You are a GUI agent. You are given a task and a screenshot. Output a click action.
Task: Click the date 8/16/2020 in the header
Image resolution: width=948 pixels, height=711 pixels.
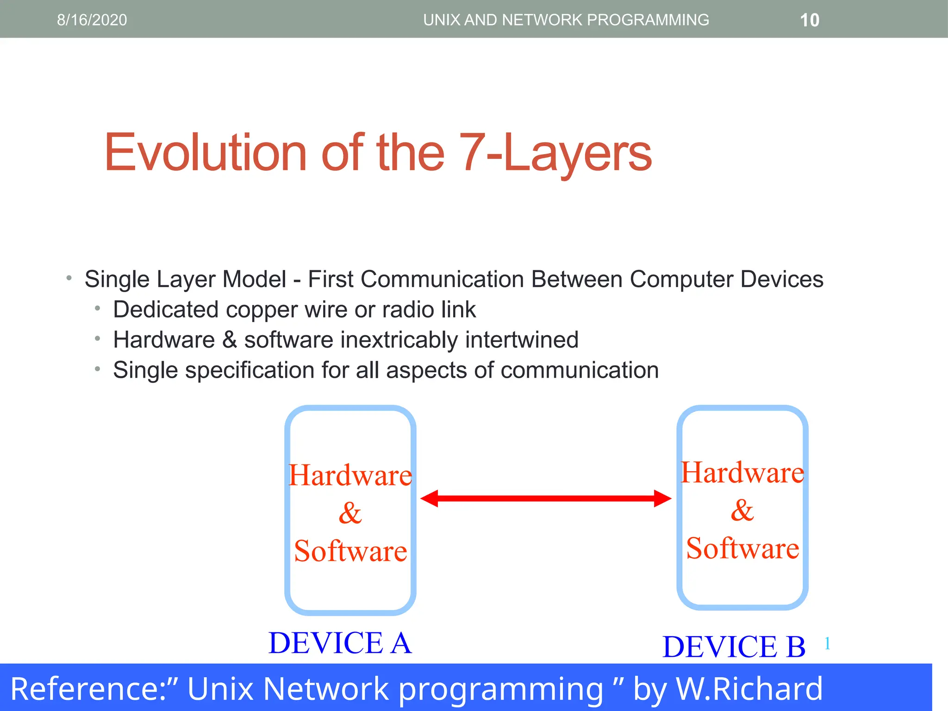92,20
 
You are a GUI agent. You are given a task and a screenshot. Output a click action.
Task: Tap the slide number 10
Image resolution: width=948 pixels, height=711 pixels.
810,20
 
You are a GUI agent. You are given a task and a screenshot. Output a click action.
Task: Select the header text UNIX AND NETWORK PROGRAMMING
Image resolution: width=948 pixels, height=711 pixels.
566,20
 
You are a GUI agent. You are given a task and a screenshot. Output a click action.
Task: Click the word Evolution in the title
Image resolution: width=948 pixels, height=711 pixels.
205,153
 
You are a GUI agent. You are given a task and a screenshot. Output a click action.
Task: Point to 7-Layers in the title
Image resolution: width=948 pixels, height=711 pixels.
555,153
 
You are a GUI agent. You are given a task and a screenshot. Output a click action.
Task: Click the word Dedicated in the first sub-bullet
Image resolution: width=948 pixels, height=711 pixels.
165,309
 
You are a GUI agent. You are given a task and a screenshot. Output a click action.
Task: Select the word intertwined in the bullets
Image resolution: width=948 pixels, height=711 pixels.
522,340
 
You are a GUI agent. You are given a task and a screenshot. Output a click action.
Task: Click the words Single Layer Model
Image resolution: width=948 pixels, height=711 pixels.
185,279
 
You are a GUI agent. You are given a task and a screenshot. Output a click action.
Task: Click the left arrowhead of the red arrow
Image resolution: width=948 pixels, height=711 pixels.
430,499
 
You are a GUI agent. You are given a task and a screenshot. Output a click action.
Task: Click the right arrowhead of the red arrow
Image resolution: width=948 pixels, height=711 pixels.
662,499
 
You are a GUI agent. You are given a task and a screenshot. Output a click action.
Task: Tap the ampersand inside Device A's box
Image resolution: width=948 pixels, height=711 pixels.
350,513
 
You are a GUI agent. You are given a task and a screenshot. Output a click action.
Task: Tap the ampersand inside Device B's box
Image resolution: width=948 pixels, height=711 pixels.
742,511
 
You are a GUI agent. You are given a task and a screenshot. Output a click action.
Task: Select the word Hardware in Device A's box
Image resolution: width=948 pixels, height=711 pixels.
350,475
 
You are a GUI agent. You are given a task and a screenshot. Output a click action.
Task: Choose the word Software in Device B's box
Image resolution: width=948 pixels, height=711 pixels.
742,549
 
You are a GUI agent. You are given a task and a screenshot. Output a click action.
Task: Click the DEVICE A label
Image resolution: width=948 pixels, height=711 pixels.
340,643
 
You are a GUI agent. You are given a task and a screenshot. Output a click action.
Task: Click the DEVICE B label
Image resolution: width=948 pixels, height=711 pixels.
734,647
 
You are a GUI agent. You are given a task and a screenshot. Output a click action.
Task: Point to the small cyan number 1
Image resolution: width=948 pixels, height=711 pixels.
827,643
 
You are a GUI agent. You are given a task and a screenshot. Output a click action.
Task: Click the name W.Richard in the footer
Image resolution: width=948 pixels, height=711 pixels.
749,689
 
